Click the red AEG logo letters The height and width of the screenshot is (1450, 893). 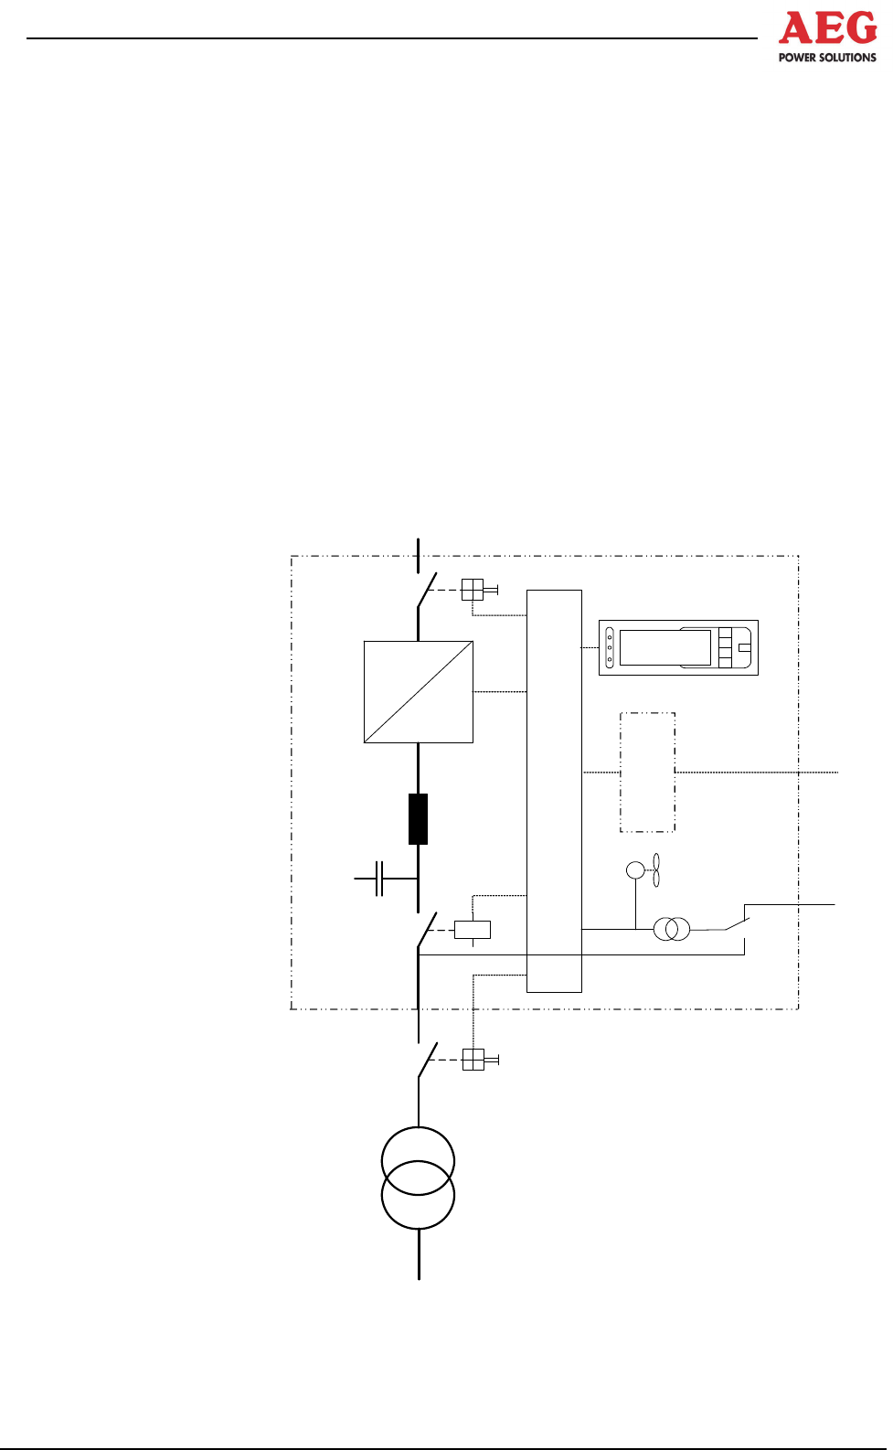(x=827, y=29)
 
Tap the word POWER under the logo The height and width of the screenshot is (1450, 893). (x=797, y=58)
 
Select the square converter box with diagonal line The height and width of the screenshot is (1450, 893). (x=419, y=692)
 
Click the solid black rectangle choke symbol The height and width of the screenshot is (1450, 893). (x=418, y=819)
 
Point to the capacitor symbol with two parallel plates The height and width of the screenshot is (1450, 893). (x=379, y=879)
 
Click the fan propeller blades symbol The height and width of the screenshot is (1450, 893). (x=655, y=869)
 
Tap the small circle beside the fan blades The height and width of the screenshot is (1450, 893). (x=635, y=869)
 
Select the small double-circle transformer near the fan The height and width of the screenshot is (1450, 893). (x=672, y=930)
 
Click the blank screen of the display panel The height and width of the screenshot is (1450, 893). (x=664, y=647)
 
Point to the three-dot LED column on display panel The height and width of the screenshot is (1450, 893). (x=610, y=647)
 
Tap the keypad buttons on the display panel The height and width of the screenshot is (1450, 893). (x=725, y=647)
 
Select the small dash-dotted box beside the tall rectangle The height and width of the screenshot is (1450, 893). (x=647, y=773)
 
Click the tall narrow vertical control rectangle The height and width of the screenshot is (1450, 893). (x=554, y=791)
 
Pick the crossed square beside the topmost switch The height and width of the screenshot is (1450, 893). (x=472, y=590)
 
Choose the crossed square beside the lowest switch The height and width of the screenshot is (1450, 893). (x=473, y=1060)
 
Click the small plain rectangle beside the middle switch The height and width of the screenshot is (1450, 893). (x=473, y=930)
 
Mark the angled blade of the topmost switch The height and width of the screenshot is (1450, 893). (x=427, y=592)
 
